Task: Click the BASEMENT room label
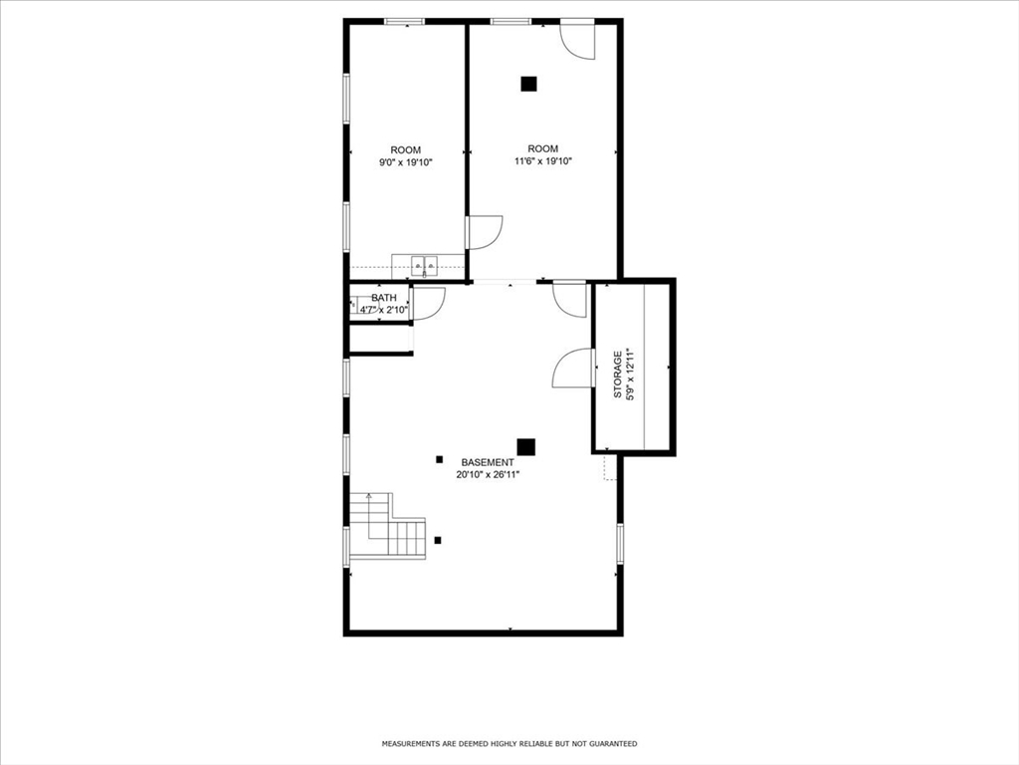[488, 462]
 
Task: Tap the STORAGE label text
[618, 375]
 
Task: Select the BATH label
[384, 298]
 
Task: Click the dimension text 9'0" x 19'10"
[406, 162]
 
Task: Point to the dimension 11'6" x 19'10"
[542, 161]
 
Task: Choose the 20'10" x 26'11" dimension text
[488, 475]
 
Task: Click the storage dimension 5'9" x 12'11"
[630, 375]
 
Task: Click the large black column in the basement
[525, 447]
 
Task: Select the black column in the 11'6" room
[529, 84]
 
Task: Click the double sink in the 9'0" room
[424, 265]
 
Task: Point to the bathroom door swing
[428, 303]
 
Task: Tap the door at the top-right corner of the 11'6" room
[578, 40]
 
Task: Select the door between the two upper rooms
[485, 232]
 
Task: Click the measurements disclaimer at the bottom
[509, 743]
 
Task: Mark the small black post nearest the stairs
[438, 540]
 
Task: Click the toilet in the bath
[355, 305]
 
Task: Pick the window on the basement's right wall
[620, 544]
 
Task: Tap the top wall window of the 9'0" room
[404, 22]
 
